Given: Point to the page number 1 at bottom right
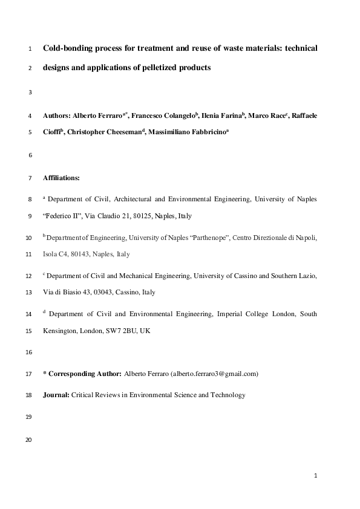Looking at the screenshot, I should click(x=315, y=476).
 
